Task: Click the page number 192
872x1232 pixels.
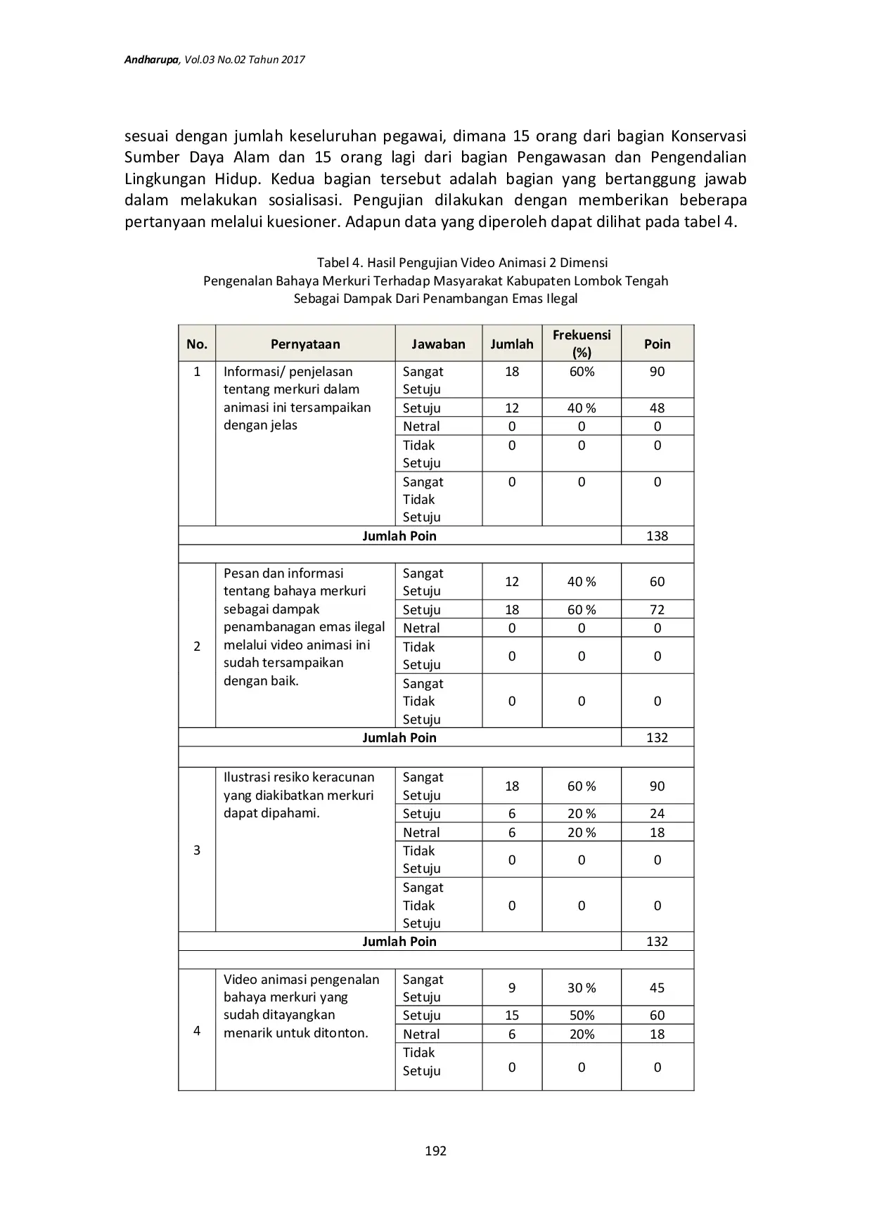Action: coord(435,1150)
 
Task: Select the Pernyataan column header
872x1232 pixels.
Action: coord(305,344)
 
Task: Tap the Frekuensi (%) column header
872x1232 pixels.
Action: coord(582,343)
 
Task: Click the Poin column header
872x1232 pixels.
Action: coord(657,344)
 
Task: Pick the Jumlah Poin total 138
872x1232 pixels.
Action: coord(657,536)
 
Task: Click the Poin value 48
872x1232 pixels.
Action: coord(657,408)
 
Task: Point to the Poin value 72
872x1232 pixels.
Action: coord(657,609)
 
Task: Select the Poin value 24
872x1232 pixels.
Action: coord(657,813)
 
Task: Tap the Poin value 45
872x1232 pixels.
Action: coord(657,987)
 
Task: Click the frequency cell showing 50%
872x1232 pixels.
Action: coord(582,1015)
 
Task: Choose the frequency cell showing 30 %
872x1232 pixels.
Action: coord(582,987)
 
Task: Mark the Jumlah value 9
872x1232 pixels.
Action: coord(512,987)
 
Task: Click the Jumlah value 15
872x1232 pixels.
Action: coord(512,1015)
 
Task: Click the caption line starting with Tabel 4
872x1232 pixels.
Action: coord(462,262)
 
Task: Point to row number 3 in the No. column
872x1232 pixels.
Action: coord(197,850)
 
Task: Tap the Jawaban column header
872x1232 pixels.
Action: coord(438,344)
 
